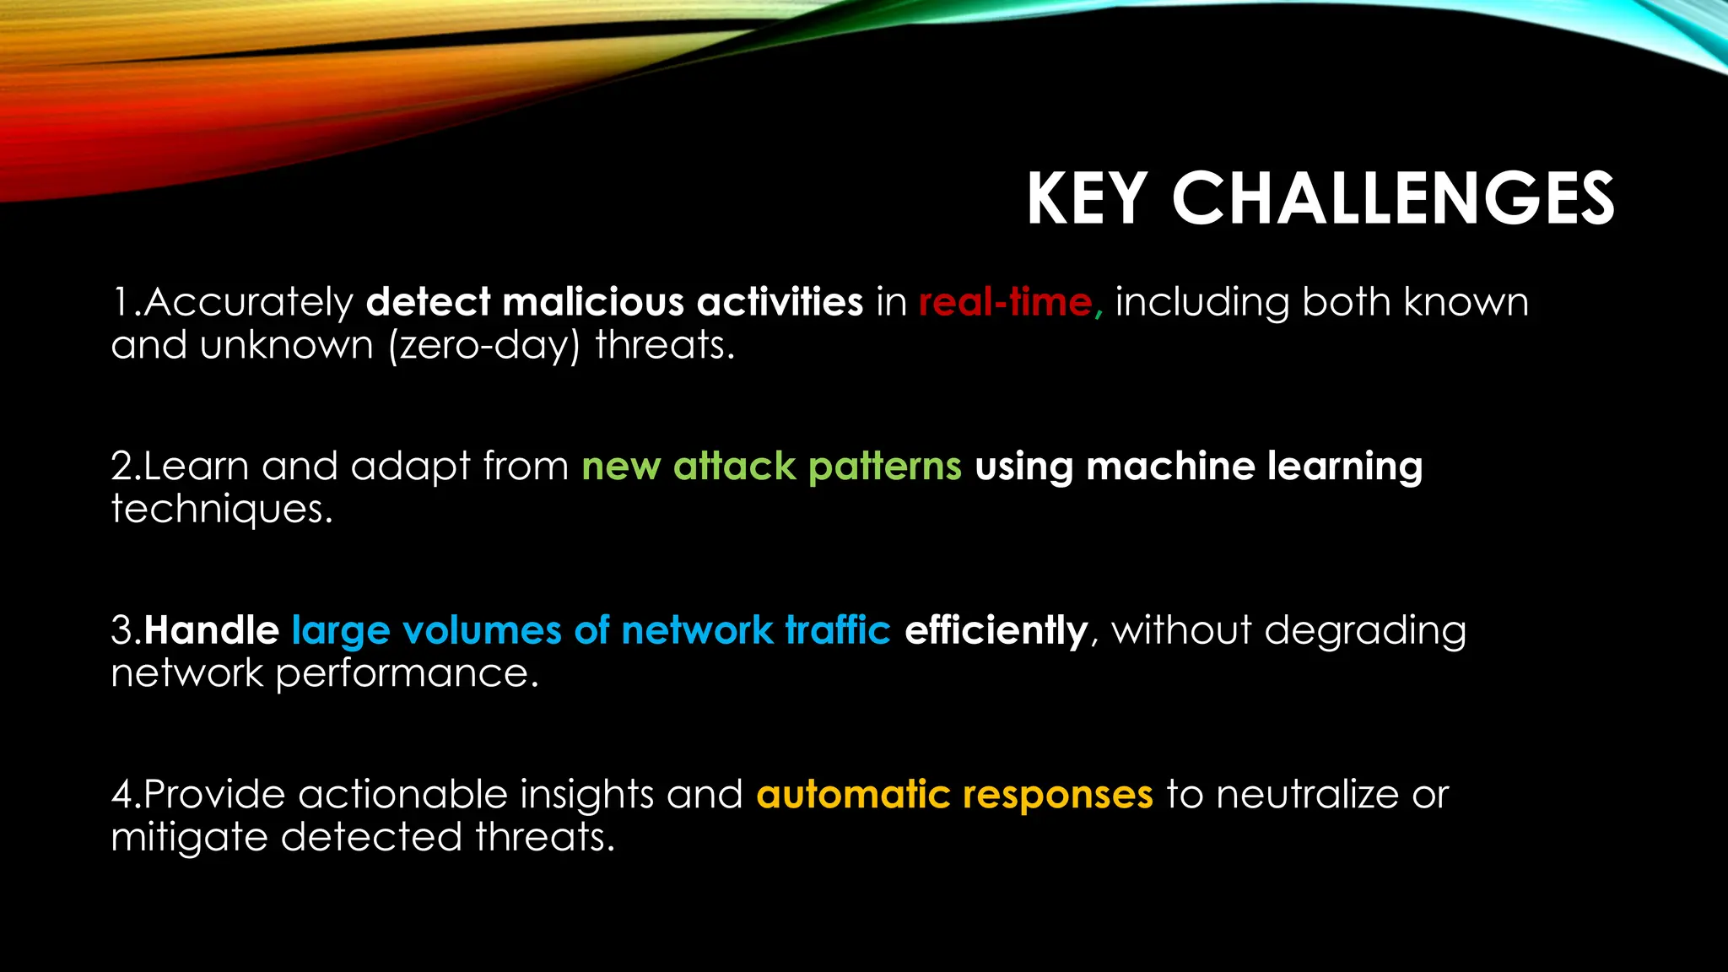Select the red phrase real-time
(x=1005, y=302)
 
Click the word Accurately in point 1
(x=248, y=302)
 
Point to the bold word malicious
(x=593, y=302)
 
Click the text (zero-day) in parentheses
(x=484, y=345)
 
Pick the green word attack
(x=734, y=466)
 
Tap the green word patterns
(x=884, y=466)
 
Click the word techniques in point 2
(x=222, y=509)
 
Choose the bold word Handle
(x=212, y=630)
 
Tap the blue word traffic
(x=838, y=630)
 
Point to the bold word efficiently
(x=996, y=630)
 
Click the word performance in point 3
(x=408, y=673)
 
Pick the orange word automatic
(x=853, y=795)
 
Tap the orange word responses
(x=1057, y=795)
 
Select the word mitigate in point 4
(x=189, y=837)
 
